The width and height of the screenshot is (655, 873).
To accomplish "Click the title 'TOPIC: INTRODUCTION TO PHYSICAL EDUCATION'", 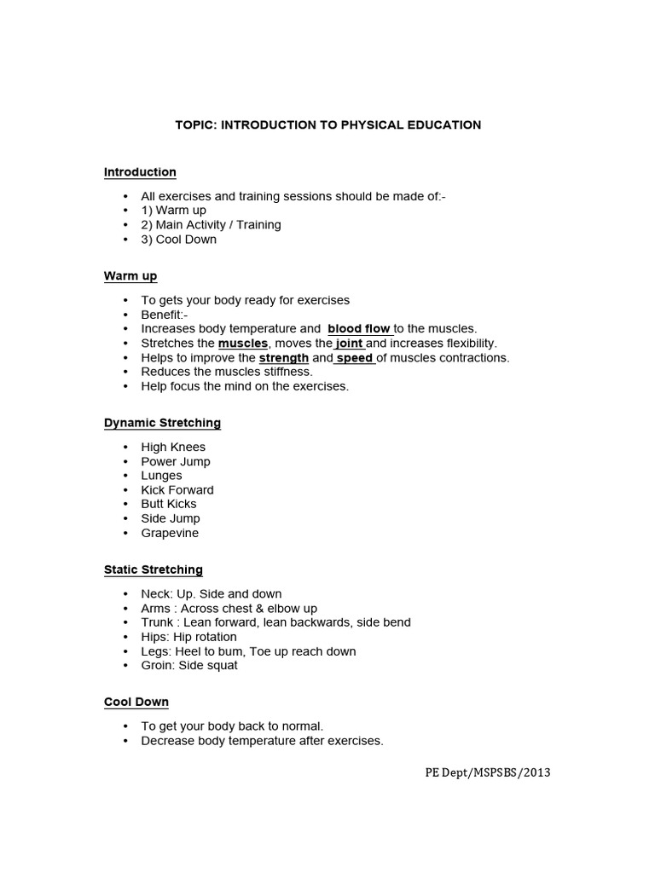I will pos(327,125).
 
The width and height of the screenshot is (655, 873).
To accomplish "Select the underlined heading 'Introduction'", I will pos(140,172).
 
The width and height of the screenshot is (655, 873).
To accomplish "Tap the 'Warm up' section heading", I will pos(130,276).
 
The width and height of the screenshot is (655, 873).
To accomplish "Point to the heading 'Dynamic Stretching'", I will pos(162,423).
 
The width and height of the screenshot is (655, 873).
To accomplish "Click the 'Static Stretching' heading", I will pos(154,569).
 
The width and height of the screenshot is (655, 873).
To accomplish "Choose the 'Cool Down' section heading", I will pos(136,702).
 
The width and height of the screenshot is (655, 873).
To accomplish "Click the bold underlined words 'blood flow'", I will pos(358,329).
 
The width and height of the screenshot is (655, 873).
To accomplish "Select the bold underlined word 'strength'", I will pos(283,358).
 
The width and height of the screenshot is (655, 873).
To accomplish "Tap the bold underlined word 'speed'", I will pos(355,358).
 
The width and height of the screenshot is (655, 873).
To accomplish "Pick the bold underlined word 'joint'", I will pos(349,344).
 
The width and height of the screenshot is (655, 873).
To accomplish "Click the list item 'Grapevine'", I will pos(170,534).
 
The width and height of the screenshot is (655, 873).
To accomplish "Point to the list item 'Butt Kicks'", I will pos(169,505).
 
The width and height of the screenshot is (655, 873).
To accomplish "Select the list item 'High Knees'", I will pos(173,448).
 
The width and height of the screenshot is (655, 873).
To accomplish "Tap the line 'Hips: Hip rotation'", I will pos(188,638).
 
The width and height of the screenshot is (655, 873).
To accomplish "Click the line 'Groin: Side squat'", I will pos(189,666).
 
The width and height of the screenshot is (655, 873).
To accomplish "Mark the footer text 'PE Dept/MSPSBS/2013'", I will pos(488,773).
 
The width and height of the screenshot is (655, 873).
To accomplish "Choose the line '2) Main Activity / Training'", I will pos(211,225).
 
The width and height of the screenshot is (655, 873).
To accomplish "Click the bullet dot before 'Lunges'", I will pos(125,476).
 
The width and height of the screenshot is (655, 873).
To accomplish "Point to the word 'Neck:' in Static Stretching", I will pos(156,594).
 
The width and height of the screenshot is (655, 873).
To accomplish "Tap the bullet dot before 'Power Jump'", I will pos(125,462).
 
